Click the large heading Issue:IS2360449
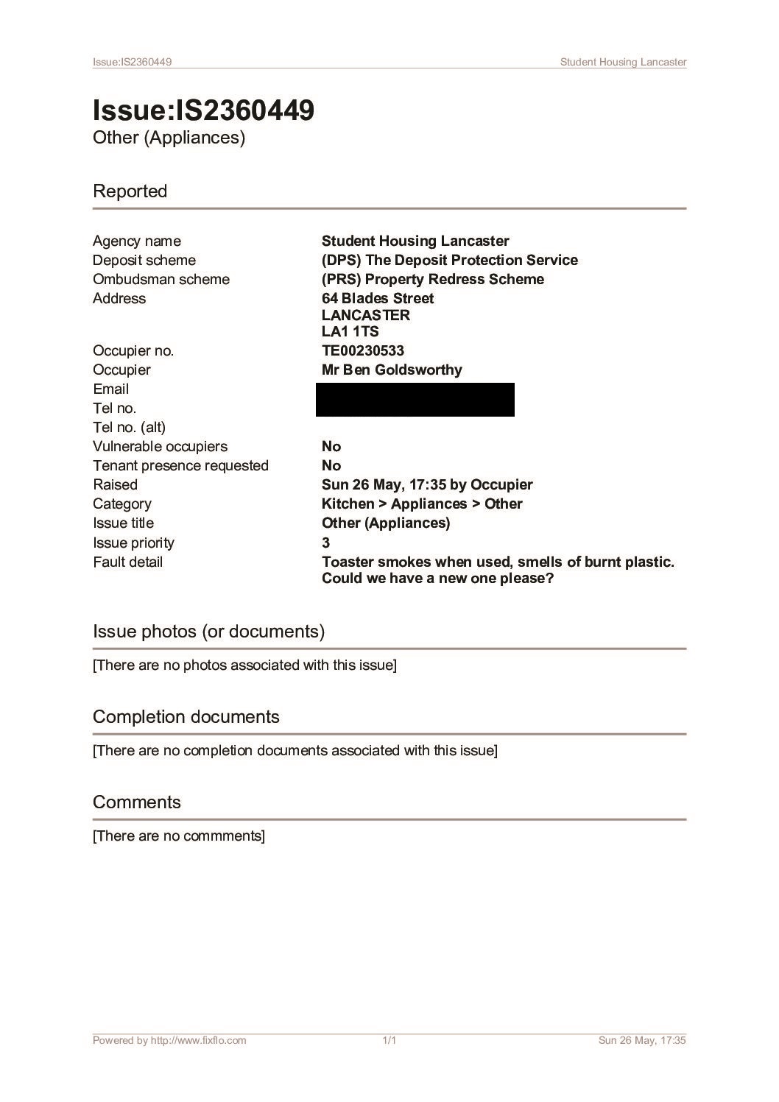coord(203,110)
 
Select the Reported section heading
coord(130,191)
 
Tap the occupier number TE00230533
coord(362,351)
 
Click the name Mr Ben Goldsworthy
coord(392,370)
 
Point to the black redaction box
coord(415,400)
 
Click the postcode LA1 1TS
coord(350,332)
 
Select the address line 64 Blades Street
coord(378,299)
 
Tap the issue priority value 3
coord(326,543)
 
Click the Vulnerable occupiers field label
coord(160,447)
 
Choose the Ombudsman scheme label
coord(161,280)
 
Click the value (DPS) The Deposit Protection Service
coord(449,261)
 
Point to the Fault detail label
coord(127,562)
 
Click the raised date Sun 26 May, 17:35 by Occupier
coord(427,485)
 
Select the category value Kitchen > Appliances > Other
coord(422,504)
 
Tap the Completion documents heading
coord(186,717)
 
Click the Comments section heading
coord(136,802)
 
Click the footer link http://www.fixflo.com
coord(198,1040)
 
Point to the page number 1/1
coord(389,1040)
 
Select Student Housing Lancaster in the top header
coord(623,62)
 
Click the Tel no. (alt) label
coord(129,428)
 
